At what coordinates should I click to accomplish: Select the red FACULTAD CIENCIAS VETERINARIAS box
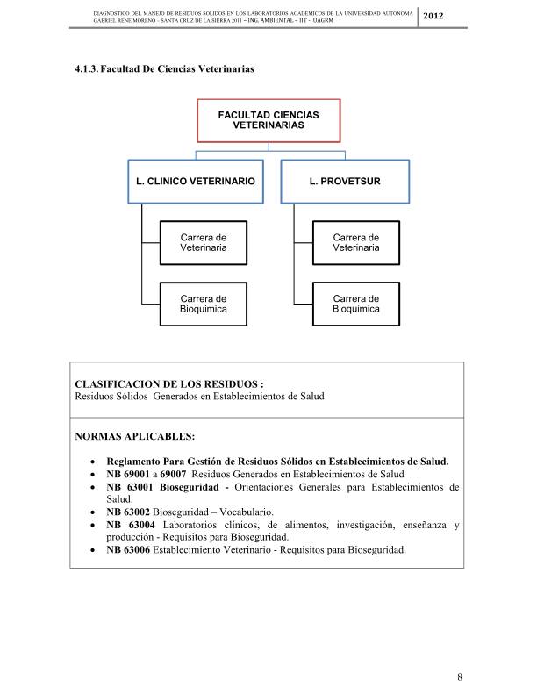pyautogui.click(x=268, y=120)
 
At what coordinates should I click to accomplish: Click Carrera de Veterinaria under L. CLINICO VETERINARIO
pyautogui.click(x=204, y=242)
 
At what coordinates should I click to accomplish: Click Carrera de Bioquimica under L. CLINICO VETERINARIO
pyautogui.click(x=204, y=304)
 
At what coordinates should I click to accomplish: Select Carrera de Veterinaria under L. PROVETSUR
pyautogui.click(x=356, y=242)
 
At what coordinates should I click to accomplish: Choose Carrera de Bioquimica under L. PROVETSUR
pyautogui.click(x=356, y=304)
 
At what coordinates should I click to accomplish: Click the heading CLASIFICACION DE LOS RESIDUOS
pyautogui.click(x=169, y=383)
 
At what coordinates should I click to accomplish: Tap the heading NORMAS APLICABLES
pyautogui.click(x=135, y=435)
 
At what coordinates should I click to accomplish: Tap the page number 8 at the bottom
pyautogui.click(x=460, y=677)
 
